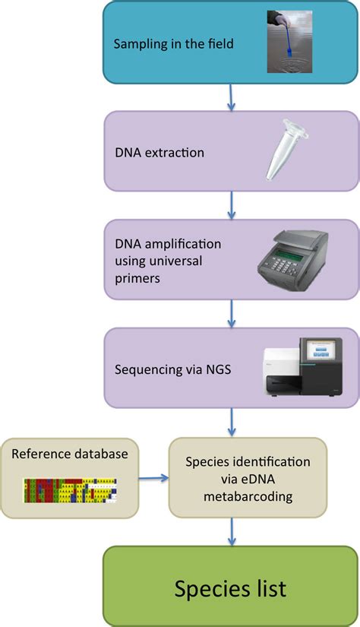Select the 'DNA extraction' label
pyautogui.click(x=159, y=153)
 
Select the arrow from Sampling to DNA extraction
pyautogui.click(x=231, y=96)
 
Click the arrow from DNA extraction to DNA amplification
pyautogui.click(x=231, y=204)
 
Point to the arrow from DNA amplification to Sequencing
pyautogui.click(x=231, y=312)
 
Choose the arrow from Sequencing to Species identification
pyautogui.click(x=231, y=420)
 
